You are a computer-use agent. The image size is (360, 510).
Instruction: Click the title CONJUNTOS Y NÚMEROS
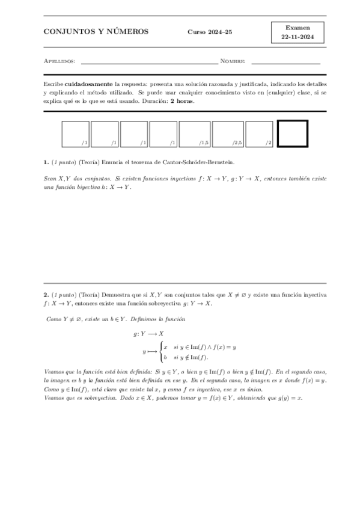tap(96, 31)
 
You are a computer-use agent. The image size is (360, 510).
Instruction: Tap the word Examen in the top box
tap(298, 27)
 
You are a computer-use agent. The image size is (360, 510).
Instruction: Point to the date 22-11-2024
tap(298, 37)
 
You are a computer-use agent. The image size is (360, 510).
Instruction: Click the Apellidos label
tap(59, 61)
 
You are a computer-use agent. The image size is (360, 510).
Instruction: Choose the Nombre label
tap(233, 61)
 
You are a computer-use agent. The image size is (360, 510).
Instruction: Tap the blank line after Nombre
tap(285, 61)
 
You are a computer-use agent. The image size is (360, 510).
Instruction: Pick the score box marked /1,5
tap(194, 134)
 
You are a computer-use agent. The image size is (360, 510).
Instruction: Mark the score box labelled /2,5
tap(229, 134)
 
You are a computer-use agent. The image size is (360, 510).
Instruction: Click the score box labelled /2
tap(260, 134)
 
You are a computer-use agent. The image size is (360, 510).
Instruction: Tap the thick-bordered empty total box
tap(293, 134)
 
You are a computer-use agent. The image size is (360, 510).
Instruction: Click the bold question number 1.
tap(46, 162)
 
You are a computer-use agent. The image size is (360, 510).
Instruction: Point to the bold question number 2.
tap(46, 295)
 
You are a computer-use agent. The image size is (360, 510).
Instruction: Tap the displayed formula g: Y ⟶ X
tap(148, 333)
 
